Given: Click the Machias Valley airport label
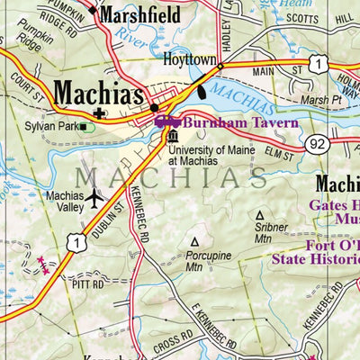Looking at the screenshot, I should (x=64, y=202).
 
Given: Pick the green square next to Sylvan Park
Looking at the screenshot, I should (x=85, y=127).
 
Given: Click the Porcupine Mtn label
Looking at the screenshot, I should (x=193, y=261).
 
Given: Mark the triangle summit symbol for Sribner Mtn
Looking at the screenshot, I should (x=260, y=216).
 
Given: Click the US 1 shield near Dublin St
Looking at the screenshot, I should (x=79, y=242).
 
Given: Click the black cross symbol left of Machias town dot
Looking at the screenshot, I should (x=98, y=113).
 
